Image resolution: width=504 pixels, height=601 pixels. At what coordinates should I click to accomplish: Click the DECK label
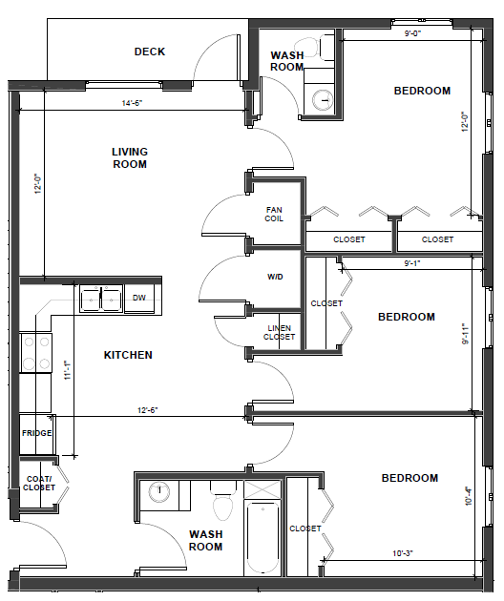(x=150, y=52)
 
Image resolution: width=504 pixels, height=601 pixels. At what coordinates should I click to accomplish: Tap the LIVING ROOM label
(x=130, y=158)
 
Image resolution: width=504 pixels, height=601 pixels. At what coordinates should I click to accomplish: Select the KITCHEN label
(x=128, y=355)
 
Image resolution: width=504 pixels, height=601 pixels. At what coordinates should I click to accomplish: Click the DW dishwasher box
(x=139, y=299)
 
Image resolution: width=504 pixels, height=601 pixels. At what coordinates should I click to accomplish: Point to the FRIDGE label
(x=37, y=433)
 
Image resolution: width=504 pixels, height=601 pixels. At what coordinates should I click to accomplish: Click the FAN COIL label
(x=274, y=215)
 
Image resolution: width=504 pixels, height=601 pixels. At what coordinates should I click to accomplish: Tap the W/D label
(x=275, y=277)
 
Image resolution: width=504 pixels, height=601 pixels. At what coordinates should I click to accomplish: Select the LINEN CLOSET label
(x=280, y=333)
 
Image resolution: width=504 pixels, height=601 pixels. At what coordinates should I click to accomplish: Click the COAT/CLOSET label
(x=39, y=484)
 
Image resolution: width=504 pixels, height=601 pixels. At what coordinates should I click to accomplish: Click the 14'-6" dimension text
(x=133, y=103)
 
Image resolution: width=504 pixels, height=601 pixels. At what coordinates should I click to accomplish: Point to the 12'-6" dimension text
(x=148, y=410)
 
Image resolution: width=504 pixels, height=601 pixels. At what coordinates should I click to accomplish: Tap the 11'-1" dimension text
(x=68, y=370)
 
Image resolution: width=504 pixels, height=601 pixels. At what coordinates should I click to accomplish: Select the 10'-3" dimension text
(x=403, y=553)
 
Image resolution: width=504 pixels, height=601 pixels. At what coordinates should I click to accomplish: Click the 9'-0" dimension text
(x=412, y=33)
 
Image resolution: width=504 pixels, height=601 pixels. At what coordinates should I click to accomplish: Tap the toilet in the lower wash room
(x=222, y=500)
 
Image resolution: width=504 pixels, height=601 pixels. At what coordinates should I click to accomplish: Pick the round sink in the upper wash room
(x=323, y=100)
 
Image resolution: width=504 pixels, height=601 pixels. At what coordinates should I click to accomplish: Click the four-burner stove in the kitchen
(x=36, y=353)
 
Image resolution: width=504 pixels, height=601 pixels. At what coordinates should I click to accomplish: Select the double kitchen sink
(x=101, y=299)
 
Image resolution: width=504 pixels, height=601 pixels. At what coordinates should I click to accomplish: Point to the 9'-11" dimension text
(x=465, y=334)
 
